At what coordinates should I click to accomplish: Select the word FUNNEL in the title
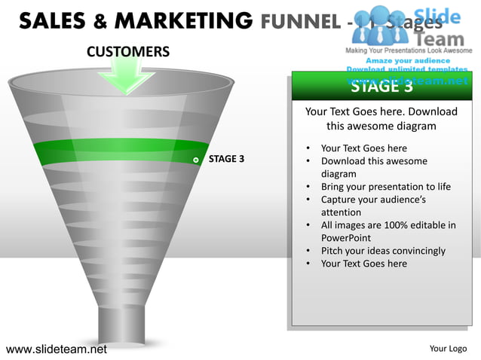point(300,20)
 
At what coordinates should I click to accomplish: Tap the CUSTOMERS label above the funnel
point(128,52)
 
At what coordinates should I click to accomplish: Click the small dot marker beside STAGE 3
point(196,160)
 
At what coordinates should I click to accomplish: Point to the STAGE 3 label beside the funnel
point(226,159)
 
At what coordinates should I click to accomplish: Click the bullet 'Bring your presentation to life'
point(385,187)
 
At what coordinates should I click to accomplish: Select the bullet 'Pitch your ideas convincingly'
point(383,251)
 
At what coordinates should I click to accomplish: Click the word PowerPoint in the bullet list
point(346,238)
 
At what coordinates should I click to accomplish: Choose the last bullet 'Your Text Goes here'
point(363,264)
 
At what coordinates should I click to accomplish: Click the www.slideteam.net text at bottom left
point(57,349)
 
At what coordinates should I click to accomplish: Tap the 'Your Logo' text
point(448,348)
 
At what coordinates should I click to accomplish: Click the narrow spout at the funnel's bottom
point(121,324)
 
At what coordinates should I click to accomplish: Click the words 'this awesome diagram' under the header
point(381,126)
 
